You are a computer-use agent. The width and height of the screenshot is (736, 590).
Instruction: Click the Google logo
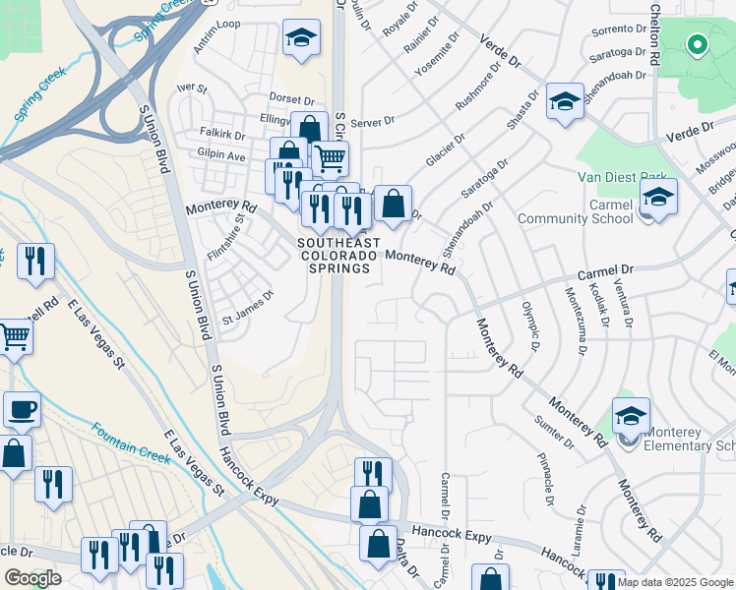(x=32, y=578)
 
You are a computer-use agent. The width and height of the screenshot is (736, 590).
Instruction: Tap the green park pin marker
(x=697, y=45)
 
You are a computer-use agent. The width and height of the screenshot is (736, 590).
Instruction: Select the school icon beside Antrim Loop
(x=301, y=38)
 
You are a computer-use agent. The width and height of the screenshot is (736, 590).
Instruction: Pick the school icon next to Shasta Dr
(x=565, y=101)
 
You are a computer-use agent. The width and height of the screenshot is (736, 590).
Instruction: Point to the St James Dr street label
(x=248, y=307)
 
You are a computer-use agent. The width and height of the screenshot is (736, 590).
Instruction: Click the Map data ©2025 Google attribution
(x=676, y=582)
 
